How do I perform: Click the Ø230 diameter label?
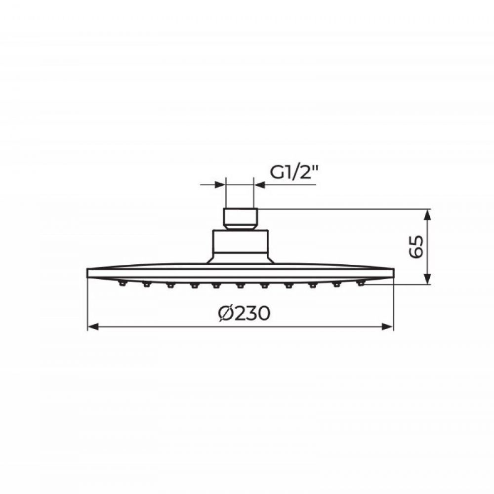(244, 313)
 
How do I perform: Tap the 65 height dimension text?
(416, 247)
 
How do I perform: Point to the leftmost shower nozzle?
(122, 284)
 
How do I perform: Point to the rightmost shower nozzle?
(361, 284)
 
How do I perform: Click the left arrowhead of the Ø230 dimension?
(93, 327)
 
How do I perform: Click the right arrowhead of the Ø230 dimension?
(388, 327)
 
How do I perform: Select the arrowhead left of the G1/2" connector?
(220, 185)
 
